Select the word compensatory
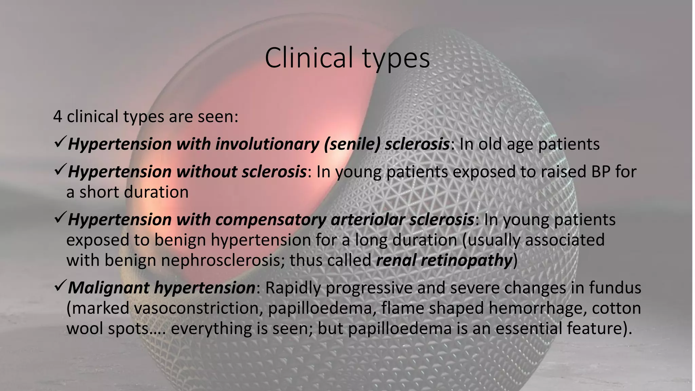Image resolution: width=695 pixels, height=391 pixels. (x=270, y=220)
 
